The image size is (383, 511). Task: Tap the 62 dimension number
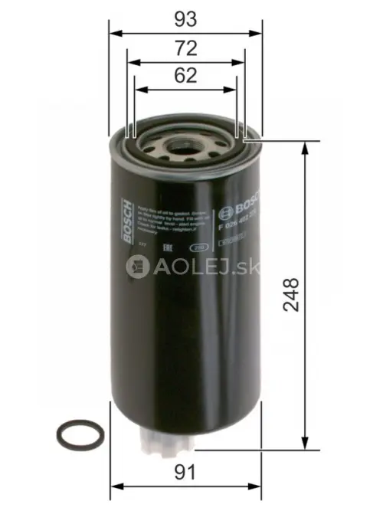(x=187, y=75)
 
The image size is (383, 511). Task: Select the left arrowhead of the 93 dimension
(x=114, y=34)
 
